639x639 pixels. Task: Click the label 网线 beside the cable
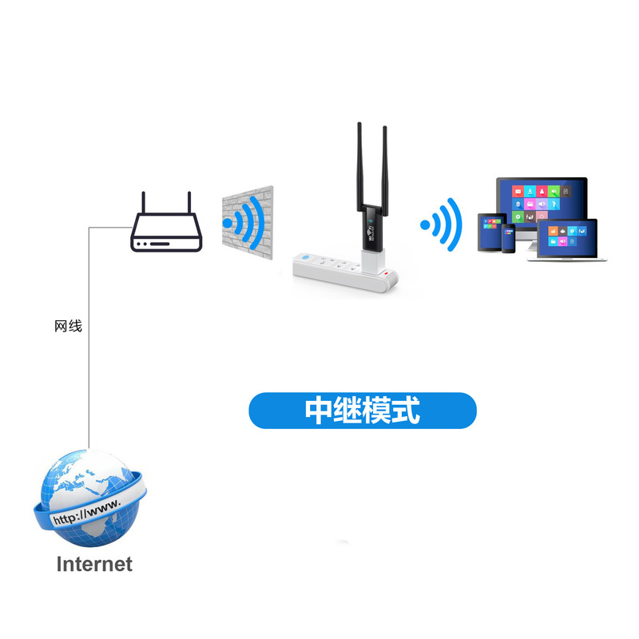pos(68,326)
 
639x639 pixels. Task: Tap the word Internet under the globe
pos(93,564)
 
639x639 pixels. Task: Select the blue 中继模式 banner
pos(363,411)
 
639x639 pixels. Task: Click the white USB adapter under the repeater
pos(373,256)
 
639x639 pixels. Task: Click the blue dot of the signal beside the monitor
pos(425,224)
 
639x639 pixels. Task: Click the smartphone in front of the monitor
pos(508,239)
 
